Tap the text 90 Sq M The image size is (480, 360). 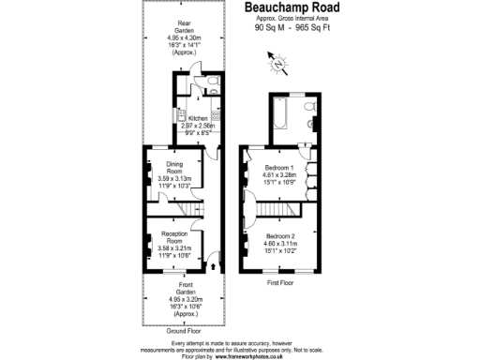point(270,29)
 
